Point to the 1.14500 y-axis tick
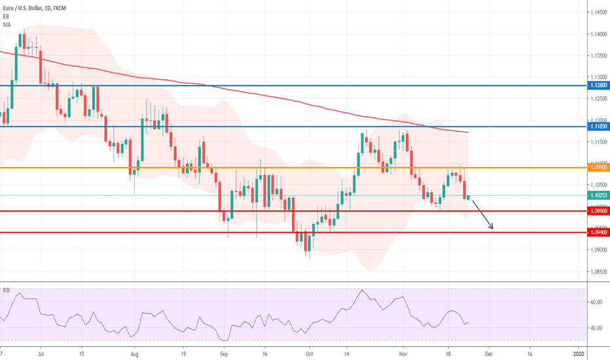coord(596,12)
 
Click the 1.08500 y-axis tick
coord(596,271)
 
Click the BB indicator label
coord(6,16)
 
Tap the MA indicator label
coord(6,24)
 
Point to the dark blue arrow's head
coord(492,228)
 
